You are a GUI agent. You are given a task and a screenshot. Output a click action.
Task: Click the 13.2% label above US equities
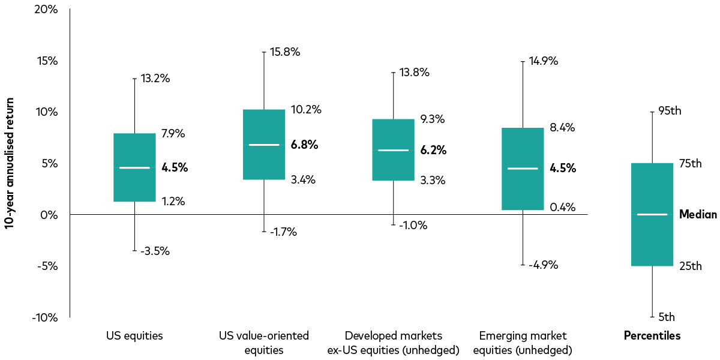click(x=155, y=79)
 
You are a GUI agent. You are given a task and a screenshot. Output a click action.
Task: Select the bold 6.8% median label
click(x=304, y=145)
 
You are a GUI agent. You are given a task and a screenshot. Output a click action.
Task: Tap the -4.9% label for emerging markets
click(x=543, y=265)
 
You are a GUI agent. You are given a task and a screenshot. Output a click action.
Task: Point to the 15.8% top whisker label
click(x=285, y=52)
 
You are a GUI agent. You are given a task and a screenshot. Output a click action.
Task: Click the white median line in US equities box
click(x=134, y=168)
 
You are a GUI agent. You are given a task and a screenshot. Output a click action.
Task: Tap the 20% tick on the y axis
click(x=46, y=10)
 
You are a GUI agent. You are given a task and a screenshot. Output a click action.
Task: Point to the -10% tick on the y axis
click(x=44, y=317)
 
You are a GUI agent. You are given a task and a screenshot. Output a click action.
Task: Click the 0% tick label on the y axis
click(x=49, y=215)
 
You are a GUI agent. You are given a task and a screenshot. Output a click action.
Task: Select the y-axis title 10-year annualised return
click(x=10, y=163)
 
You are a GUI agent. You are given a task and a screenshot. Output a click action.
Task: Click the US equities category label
click(x=134, y=336)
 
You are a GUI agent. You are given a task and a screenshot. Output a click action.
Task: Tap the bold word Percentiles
click(x=652, y=336)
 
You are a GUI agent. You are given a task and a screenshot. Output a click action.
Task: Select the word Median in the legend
click(x=698, y=214)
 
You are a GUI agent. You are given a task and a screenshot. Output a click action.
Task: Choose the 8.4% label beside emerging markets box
click(x=563, y=127)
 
